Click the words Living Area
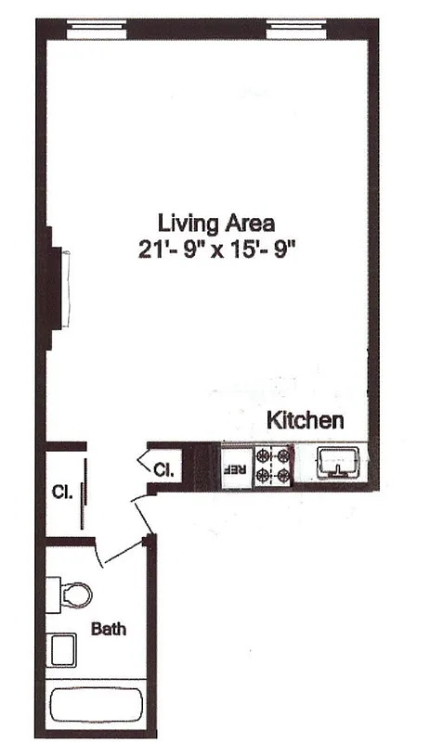215,223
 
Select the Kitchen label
306,420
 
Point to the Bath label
109,629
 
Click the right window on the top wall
301,30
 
